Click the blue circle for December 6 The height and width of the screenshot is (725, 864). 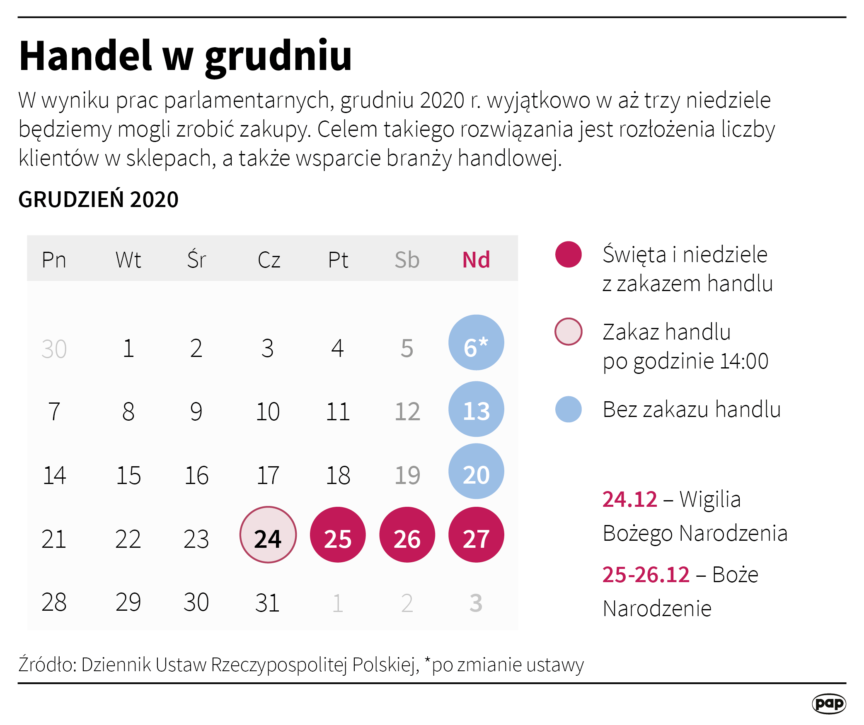click(x=476, y=342)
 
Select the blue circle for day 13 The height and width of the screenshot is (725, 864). click(x=476, y=409)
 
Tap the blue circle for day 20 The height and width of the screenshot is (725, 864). click(x=476, y=471)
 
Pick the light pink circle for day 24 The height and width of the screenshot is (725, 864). click(x=268, y=535)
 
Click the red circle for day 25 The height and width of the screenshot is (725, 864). click(x=338, y=535)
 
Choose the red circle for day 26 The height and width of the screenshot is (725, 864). click(x=407, y=535)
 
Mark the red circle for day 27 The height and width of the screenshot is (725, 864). click(x=476, y=535)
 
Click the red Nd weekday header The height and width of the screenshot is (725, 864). click(x=476, y=260)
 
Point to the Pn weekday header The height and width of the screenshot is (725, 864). click(x=54, y=260)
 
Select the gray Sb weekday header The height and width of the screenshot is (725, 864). click(x=407, y=260)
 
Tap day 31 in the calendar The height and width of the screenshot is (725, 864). click(x=268, y=602)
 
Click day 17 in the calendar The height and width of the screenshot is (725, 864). click(x=268, y=475)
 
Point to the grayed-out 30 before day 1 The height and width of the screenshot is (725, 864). click(x=54, y=349)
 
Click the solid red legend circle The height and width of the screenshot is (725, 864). click(x=568, y=254)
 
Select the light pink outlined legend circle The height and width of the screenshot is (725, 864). click(x=568, y=331)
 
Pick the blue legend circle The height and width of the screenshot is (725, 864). click(x=568, y=409)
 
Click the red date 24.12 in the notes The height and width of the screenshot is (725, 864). click(x=629, y=499)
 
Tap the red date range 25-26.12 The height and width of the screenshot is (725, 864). click(x=646, y=575)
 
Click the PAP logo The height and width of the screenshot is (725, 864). click(x=828, y=703)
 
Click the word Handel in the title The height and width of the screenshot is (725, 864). click(x=85, y=56)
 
